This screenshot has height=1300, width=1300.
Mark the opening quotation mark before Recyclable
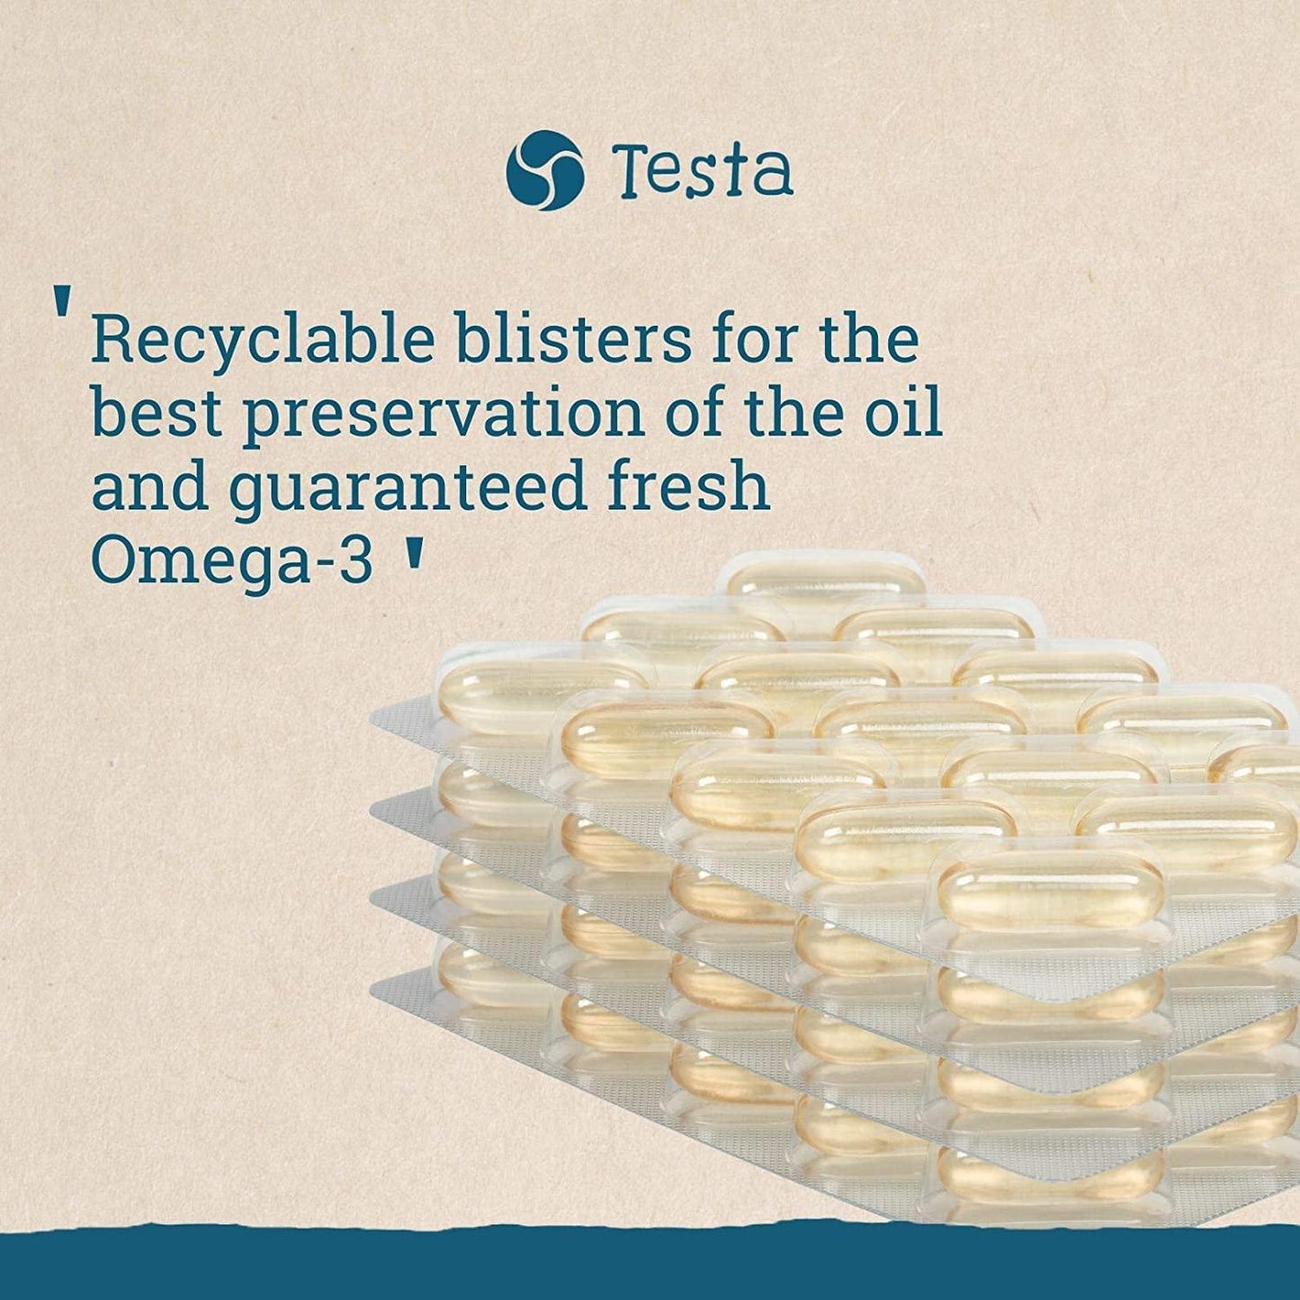[x=62, y=303]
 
